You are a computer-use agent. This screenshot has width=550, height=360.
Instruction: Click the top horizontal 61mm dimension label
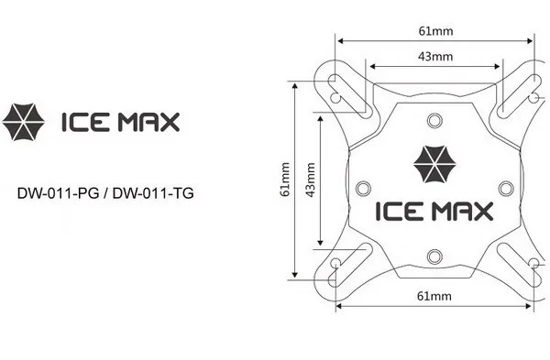tap(435, 31)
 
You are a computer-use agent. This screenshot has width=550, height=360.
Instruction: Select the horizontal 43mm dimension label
tap(435, 56)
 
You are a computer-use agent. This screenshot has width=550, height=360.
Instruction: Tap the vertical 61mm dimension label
tap(285, 180)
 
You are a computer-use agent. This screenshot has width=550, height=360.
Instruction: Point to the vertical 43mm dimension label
tap(310, 180)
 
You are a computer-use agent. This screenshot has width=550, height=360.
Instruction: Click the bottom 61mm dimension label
tap(434, 296)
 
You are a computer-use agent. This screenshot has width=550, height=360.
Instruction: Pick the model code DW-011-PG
tap(59, 193)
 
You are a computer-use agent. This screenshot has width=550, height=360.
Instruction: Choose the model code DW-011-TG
tap(153, 193)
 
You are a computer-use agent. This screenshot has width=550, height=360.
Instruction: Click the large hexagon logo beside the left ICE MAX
tap(24, 122)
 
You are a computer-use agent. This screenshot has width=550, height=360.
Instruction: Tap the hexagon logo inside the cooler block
tap(434, 164)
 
